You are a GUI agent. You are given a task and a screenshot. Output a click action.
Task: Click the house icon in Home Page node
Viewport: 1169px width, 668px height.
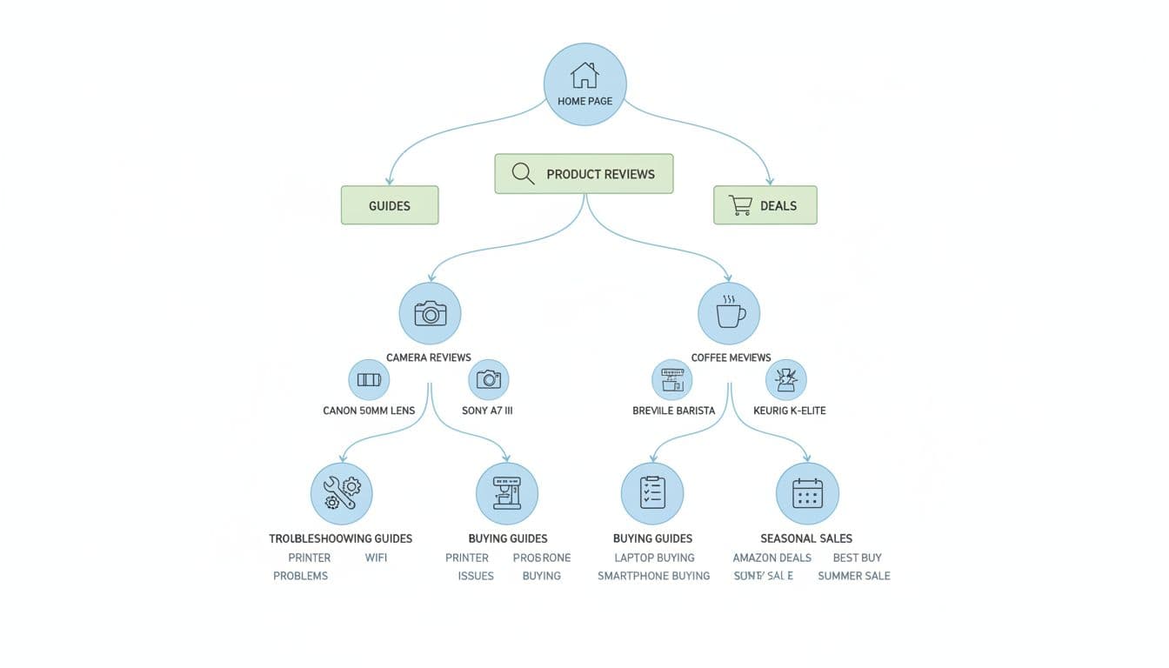point(584,76)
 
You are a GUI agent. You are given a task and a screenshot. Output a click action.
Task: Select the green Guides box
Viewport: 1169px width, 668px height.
point(390,205)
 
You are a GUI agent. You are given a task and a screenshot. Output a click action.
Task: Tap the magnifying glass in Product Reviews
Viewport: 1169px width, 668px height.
point(523,173)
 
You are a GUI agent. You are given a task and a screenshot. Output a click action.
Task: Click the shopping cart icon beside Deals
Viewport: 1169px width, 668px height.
point(740,205)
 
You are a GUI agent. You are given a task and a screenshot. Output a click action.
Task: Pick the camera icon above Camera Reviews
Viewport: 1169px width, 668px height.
point(430,313)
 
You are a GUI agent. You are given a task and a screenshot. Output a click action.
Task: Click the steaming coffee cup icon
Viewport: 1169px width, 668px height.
point(730,312)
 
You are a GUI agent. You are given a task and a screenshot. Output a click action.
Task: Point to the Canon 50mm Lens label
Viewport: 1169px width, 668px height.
point(369,411)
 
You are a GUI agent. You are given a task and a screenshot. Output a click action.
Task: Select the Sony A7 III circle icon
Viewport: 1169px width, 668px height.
point(489,379)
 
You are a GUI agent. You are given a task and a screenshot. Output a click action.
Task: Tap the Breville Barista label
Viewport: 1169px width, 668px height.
point(673,411)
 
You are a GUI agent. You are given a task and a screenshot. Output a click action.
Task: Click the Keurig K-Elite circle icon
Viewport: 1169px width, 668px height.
point(786,379)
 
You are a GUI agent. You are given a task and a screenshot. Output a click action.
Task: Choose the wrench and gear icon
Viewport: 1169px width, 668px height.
point(342,493)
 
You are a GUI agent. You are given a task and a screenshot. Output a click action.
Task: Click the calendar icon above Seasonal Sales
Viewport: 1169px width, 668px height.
point(807,493)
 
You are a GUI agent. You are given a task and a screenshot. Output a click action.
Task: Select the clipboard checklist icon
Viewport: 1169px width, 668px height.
point(652,493)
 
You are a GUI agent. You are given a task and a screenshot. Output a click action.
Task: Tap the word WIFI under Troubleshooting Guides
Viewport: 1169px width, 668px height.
point(376,558)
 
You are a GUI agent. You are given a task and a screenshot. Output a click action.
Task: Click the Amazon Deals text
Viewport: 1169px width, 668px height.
point(772,558)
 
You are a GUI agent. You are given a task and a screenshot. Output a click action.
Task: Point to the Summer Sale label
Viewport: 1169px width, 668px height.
point(853,576)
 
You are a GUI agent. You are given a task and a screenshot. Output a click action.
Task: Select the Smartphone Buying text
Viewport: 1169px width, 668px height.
point(653,576)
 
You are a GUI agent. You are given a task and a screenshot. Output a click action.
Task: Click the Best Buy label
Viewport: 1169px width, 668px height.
point(857,558)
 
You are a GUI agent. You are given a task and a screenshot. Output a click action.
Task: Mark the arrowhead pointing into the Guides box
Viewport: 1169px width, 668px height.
point(390,181)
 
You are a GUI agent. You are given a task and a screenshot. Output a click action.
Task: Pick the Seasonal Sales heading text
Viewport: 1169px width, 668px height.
point(806,538)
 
